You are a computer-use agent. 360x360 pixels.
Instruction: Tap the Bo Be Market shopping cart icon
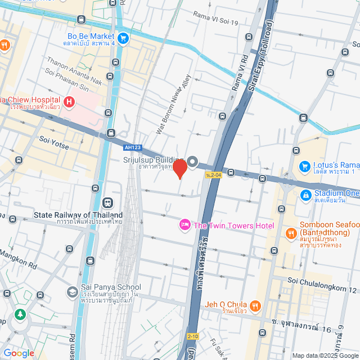[123, 38]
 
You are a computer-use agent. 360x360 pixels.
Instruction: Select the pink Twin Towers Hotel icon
[184, 226]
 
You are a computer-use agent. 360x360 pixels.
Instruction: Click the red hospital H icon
[69, 102]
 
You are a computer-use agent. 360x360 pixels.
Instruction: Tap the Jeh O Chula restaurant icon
[255, 305]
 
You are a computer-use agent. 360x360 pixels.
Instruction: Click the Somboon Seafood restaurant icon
[291, 232]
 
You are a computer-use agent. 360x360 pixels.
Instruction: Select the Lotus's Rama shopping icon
[305, 166]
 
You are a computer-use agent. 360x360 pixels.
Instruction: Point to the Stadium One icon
[305, 195]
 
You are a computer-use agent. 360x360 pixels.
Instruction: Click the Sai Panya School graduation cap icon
[72, 291]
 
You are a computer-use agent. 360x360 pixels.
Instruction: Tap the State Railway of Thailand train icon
[107, 202]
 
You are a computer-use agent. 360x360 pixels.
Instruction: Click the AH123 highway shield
[130, 147]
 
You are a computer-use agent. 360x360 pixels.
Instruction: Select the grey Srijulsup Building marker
[192, 163]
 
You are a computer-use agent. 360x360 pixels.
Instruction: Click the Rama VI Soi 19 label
[215, 15]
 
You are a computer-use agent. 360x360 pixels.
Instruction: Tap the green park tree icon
[21, 313]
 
